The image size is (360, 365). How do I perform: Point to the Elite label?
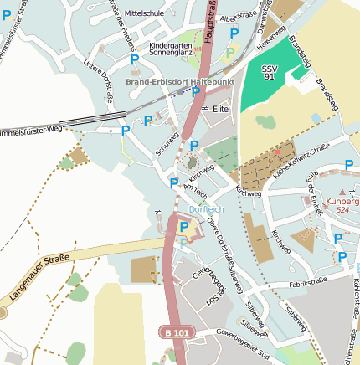click(x=221, y=109)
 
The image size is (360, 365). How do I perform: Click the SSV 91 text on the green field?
click(x=268, y=71)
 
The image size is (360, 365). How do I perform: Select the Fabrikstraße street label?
click(x=307, y=285)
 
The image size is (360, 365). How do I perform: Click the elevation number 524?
click(x=342, y=210)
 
